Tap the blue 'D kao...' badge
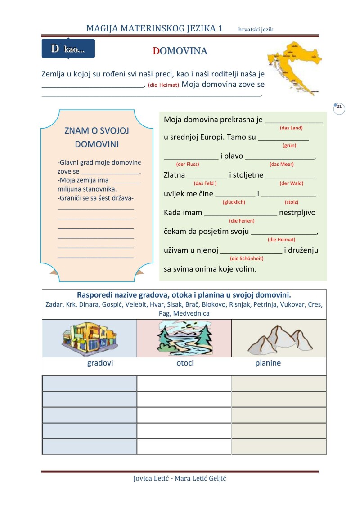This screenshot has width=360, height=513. coord(68,49)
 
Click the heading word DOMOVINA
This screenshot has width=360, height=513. coord(180,51)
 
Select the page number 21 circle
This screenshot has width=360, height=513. coord(339,108)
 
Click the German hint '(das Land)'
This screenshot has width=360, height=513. coord(291,128)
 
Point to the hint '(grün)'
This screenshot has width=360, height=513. coord(289,146)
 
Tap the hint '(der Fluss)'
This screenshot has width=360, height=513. coord(188,164)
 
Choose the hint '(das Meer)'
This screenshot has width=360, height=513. coord(281,164)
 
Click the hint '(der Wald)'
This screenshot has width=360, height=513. coord(291,183)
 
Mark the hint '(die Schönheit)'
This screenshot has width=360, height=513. coord(247,258)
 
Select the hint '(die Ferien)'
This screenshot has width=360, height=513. coord(242,221)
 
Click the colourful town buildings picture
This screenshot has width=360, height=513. coord(90,338)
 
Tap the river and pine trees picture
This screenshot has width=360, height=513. coord(184,338)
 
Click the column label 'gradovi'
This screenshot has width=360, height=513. coord(100,363)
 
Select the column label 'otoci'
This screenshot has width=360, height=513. coord(185,363)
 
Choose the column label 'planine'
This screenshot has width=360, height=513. coord(268,363)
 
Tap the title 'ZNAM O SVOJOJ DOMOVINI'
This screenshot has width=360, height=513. coord(97,137)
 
